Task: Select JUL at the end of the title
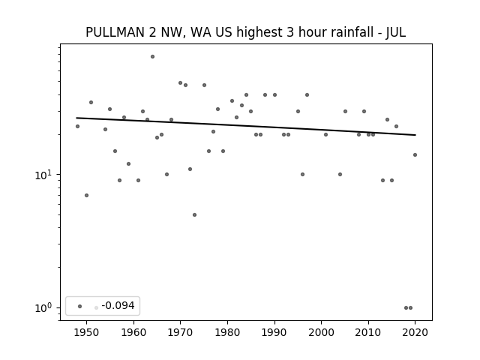tap(395, 32)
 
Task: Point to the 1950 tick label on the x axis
tap(87, 332)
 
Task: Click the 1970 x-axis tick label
tap(180, 332)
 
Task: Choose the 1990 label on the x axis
tap(274, 332)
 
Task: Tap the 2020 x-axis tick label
tap(415, 332)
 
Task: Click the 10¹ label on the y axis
tap(43, 175)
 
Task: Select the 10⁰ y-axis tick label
tap(43, 308)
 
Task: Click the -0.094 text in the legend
tap(118, 305)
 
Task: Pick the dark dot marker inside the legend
tap(80, 306)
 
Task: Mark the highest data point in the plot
tap(152, 57)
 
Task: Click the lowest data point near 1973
tap(194, 215)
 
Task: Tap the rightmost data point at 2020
tap(415, 155)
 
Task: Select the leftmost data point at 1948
tap(77, 127)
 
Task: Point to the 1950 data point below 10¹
tap(87, 195)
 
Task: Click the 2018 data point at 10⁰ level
tap(406, 308)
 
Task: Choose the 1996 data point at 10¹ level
tap(302, 175)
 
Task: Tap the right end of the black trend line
tap(415, 135)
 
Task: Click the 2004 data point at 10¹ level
tap(340, 175)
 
